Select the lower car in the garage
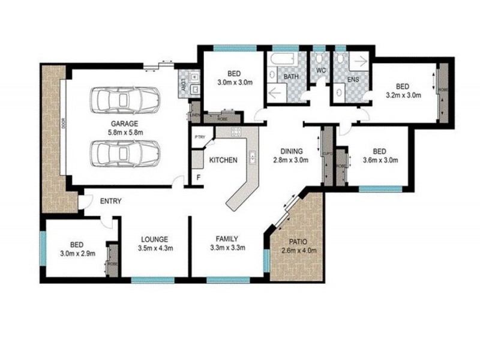pos(125,154)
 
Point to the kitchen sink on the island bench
pos(253,158)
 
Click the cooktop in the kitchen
pos(236,134)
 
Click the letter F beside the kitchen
pos(199,178)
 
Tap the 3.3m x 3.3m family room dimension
pos(227,247)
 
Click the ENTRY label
pos(112,201)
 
